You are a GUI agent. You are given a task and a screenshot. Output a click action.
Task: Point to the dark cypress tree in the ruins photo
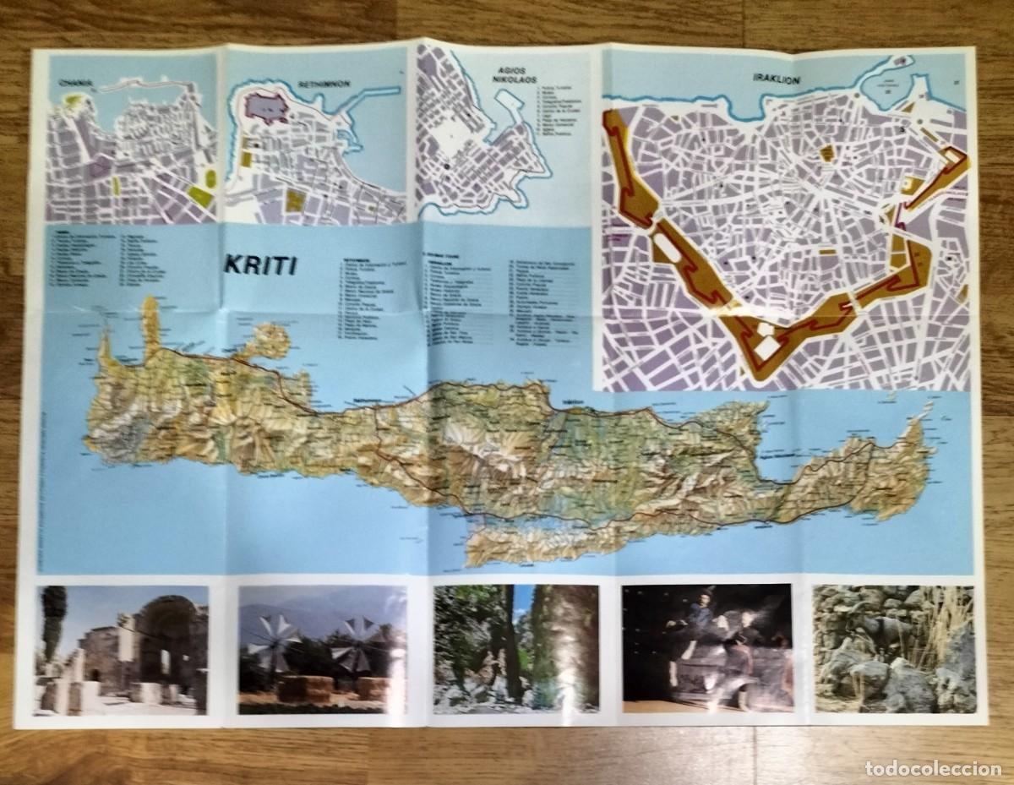point(52,625)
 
